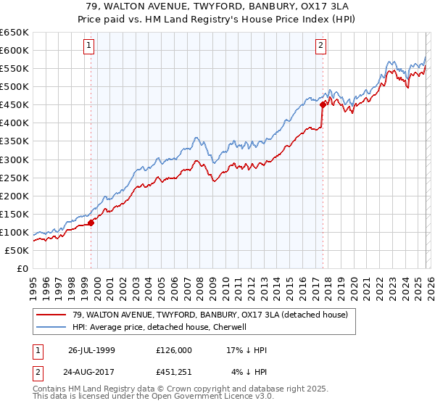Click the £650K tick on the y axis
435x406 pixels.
(14, 33)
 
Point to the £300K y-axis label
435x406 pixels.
(14, 159)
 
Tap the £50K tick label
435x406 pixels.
(17, 250)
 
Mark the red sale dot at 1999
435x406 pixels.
(91, 223)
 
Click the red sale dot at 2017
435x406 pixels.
(323, 104)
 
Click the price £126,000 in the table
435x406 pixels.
(174, 349)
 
